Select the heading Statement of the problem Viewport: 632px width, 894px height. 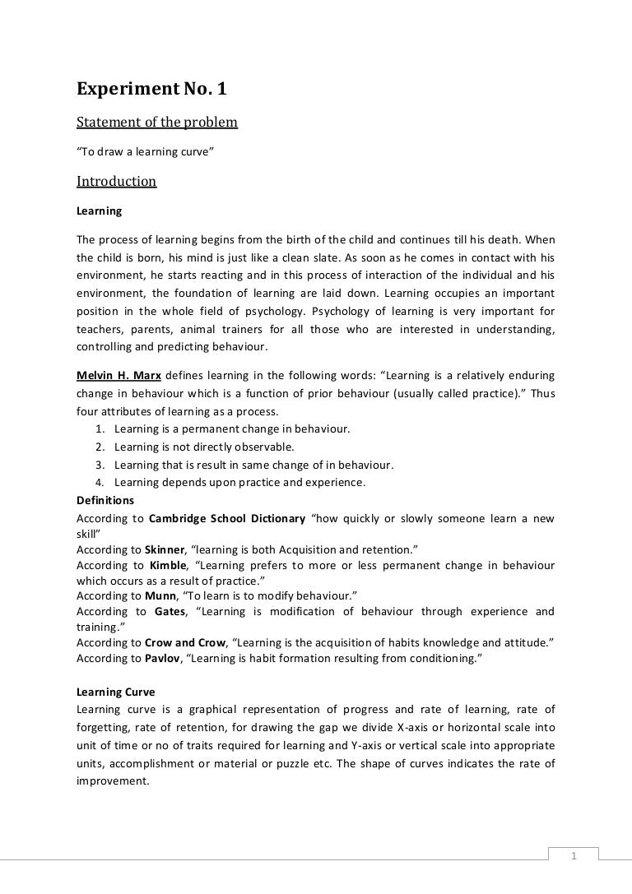point(156,123)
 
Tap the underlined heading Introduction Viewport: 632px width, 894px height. point(116,181)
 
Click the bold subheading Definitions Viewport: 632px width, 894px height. point(105,499)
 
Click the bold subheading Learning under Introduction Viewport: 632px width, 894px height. point(99,211)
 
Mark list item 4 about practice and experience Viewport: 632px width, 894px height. point(239,482)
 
